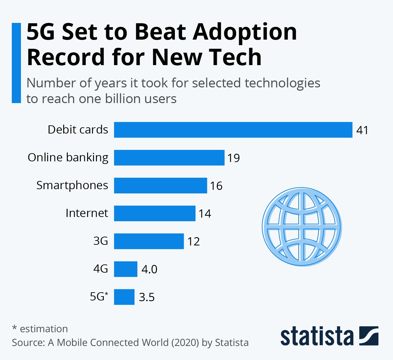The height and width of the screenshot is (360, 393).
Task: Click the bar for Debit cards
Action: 233,130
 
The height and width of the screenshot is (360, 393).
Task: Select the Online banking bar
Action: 169,158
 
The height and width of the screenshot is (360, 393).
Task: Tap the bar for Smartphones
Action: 160,186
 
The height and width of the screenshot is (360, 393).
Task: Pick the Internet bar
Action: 155,213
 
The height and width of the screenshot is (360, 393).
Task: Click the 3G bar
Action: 149,241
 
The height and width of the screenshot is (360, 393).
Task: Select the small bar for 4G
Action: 125,269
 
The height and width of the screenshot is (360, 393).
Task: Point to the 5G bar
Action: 124,297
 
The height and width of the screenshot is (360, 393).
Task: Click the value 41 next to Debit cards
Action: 362,130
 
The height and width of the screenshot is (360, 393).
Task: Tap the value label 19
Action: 234,158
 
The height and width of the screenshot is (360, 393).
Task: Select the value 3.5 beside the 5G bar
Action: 147,297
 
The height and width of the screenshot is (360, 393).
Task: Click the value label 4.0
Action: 149,269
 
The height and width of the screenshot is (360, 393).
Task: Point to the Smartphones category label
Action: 72,185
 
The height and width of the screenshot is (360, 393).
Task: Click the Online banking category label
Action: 68,157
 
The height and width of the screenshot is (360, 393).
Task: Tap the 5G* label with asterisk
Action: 99,296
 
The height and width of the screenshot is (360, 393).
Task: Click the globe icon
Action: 302,226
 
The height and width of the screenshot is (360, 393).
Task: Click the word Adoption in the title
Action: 245,32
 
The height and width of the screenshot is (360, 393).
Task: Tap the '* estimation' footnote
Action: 40,329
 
